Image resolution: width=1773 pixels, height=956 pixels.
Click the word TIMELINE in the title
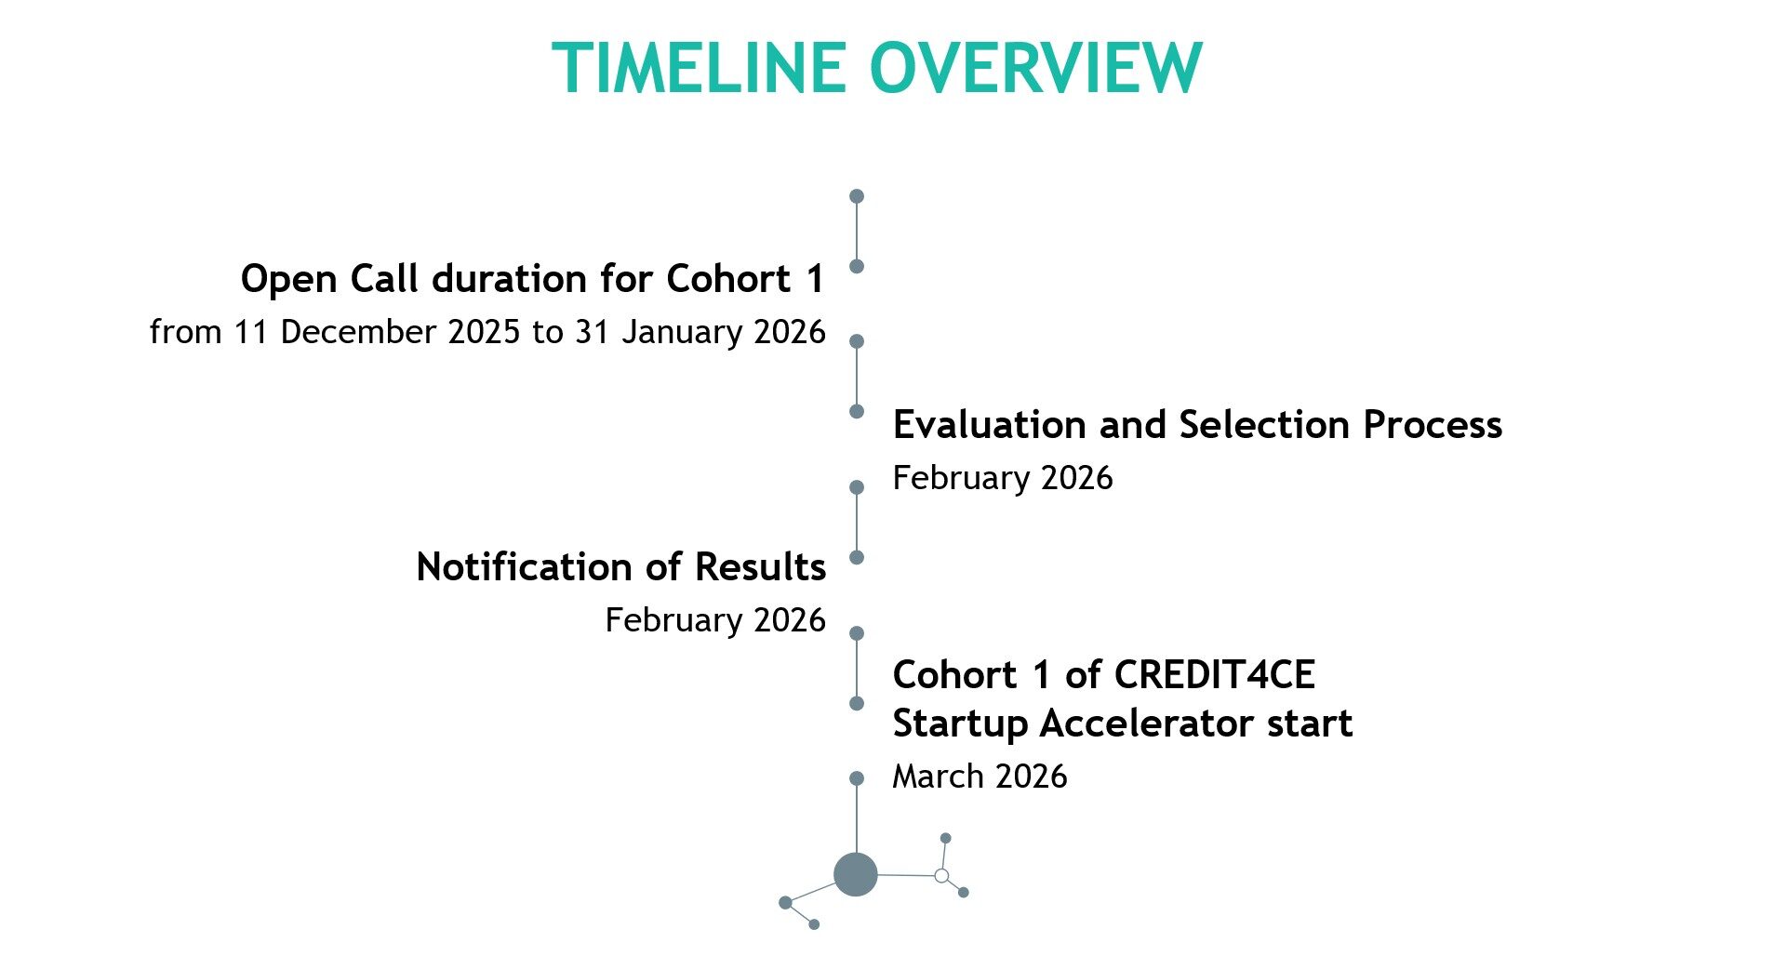point(699,68)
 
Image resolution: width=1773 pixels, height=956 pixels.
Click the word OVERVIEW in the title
point(1036,68)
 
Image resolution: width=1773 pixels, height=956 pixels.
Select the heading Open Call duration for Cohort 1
point(533,279)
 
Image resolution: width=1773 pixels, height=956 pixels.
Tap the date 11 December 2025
point(377,332)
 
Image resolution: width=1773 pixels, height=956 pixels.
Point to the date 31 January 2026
point(700,332)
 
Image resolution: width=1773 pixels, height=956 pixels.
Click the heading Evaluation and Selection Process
point(1197,425)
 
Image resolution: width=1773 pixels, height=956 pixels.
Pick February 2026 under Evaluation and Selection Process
point(1003,478)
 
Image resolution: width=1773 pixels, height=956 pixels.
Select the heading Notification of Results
point(621,567)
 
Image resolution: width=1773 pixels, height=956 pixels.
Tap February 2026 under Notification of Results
point(715,620)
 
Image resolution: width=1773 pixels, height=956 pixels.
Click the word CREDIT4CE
point(1215,675)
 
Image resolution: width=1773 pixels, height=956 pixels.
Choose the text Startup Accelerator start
point(1123,724)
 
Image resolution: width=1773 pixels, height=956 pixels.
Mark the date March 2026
point(980,777)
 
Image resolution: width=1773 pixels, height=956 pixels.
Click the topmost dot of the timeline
point(857,196)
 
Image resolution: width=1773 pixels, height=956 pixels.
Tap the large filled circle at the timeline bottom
point(856,874)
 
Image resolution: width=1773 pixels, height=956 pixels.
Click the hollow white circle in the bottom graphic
point(941,876)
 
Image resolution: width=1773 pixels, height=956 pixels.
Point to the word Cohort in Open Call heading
point(729,279)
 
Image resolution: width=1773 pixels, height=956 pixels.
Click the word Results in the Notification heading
point(760,567)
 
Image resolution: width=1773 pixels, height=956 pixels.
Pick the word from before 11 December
point(185,332)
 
